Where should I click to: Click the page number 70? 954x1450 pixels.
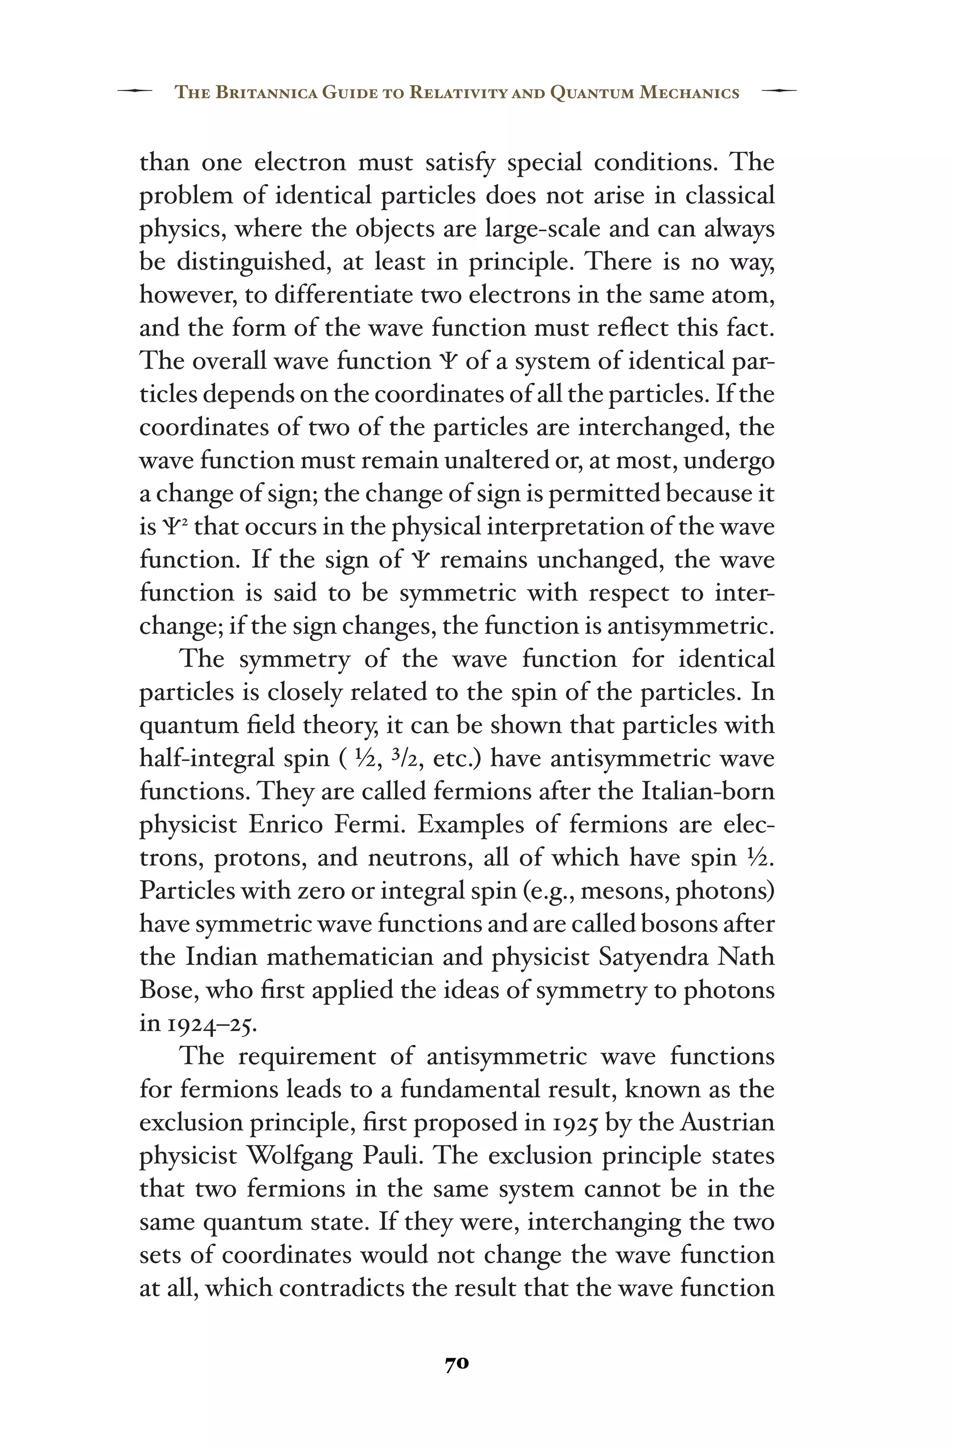click(x=457, y=1364)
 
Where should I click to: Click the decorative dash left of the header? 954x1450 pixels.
click(x=135, y=91)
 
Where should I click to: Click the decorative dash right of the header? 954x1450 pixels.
click(x=779, y=91)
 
